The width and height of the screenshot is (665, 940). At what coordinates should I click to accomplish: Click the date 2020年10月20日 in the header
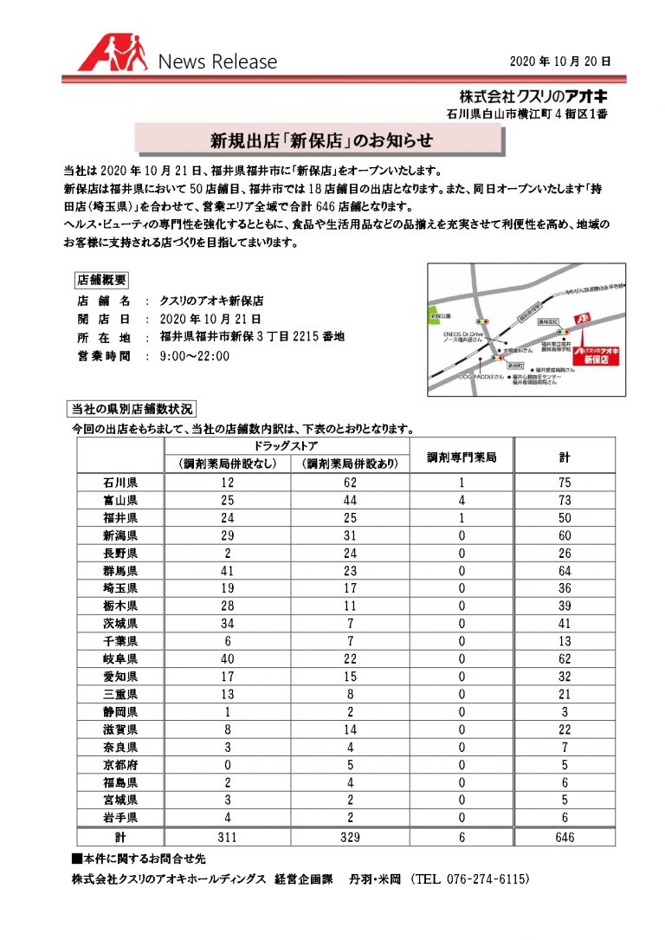pyautogui.click(x=560, y=62)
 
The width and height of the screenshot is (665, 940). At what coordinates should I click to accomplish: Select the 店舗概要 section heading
pyautogui.click(x=101, y=280)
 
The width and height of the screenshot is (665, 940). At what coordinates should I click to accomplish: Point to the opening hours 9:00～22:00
pyautogui.click(x=195, y=355)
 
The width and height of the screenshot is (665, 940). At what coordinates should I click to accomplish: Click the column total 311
pyautogui.click(x=227, y=837)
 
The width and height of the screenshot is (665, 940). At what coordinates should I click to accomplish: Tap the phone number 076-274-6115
pyautogui.click(x=473, y=878)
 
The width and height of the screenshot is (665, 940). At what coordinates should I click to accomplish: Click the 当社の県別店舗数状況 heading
pyautogui.click(x=132, y=408)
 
